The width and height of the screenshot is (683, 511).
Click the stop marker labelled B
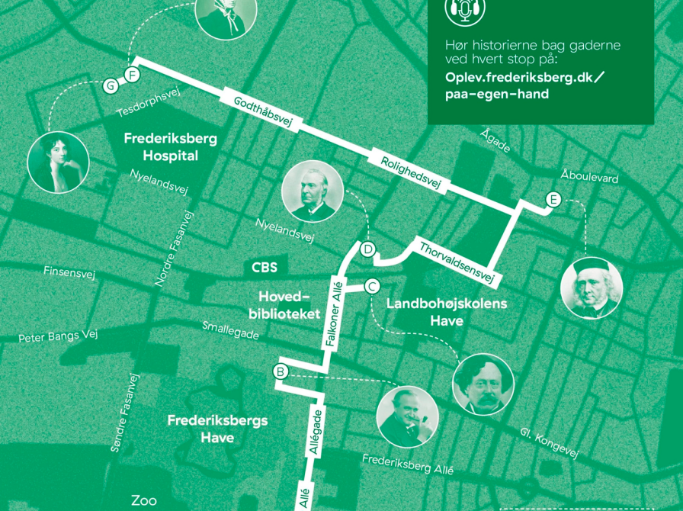point(281,372)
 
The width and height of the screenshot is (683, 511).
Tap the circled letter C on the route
point(372,287)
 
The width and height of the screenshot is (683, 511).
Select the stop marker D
point(367,249)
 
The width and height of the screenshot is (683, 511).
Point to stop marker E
point(553,200)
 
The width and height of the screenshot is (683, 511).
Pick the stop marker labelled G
point(111,85)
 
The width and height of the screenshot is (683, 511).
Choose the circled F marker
point(132,75)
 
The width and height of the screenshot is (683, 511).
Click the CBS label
point(265,268)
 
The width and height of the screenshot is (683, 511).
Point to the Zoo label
point(144,500)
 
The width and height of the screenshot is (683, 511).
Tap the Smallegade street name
point(231,330)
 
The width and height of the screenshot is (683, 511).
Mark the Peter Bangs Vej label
point(59,336)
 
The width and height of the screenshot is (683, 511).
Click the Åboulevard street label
point(589,176)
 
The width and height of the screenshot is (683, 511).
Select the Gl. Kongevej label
point(549,442)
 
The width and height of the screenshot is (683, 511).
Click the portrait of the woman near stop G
point(58,162)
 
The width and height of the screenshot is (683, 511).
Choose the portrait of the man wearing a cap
point(592,288)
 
